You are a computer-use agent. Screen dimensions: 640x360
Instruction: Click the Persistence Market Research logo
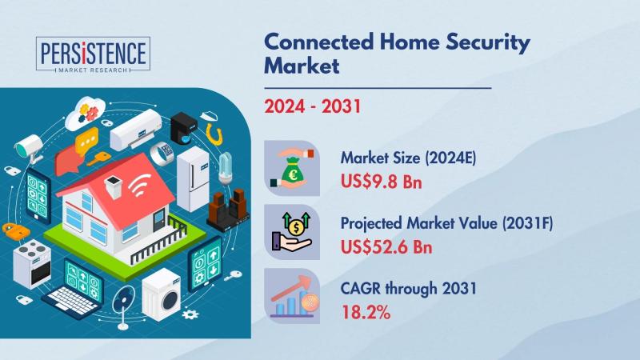(93, 54)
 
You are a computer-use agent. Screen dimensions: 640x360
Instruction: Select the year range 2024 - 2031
(313, 106)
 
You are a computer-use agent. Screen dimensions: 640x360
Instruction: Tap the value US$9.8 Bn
(382, 182)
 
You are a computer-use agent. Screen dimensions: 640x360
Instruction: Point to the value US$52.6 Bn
(386, 246)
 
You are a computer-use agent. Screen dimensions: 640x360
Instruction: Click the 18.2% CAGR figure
(366, 312)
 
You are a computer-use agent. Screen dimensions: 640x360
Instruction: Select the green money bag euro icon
(292, 168)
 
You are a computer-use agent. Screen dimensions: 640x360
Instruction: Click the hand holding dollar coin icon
(292, 232)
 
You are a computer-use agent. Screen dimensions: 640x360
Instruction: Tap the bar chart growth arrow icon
(292, 296)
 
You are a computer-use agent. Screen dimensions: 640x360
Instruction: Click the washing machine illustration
(162, 294)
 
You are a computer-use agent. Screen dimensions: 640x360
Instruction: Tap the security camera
(30, 148)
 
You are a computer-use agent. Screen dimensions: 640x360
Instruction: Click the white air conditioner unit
(136, 130)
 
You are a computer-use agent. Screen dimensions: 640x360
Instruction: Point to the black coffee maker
(183, 128)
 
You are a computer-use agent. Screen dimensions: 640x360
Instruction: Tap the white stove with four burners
(32, 264)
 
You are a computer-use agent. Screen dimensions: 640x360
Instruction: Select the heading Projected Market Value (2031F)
(446, 224)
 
